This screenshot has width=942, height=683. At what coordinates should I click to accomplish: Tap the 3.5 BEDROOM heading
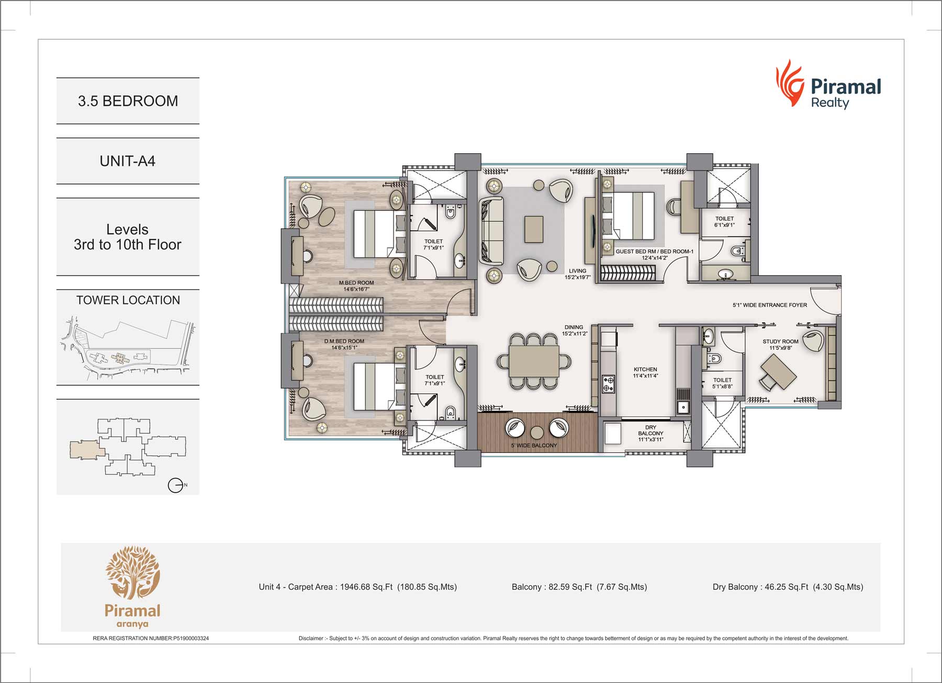128,101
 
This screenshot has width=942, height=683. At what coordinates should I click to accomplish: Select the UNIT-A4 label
128,161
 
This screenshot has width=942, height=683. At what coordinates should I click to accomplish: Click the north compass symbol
176,485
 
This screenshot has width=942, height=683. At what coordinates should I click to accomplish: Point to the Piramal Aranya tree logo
132,573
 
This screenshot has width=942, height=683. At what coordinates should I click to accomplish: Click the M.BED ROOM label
356,283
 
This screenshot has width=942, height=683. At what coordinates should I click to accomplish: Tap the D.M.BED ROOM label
344,341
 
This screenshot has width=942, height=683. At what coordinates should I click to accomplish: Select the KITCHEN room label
645,369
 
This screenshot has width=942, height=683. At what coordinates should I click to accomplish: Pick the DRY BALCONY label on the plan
651,433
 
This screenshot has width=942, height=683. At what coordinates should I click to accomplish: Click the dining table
534,361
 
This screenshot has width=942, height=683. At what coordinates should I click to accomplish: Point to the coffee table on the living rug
533,229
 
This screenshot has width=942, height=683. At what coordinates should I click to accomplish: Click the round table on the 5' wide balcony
537,432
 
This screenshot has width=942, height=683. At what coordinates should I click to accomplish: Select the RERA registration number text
151,638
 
